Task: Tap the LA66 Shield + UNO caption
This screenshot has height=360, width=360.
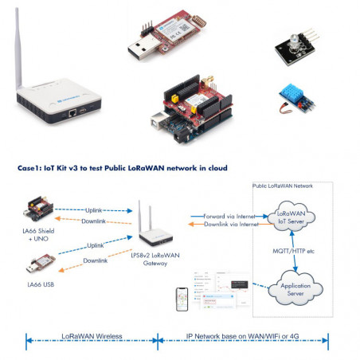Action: tap(41, 237)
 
